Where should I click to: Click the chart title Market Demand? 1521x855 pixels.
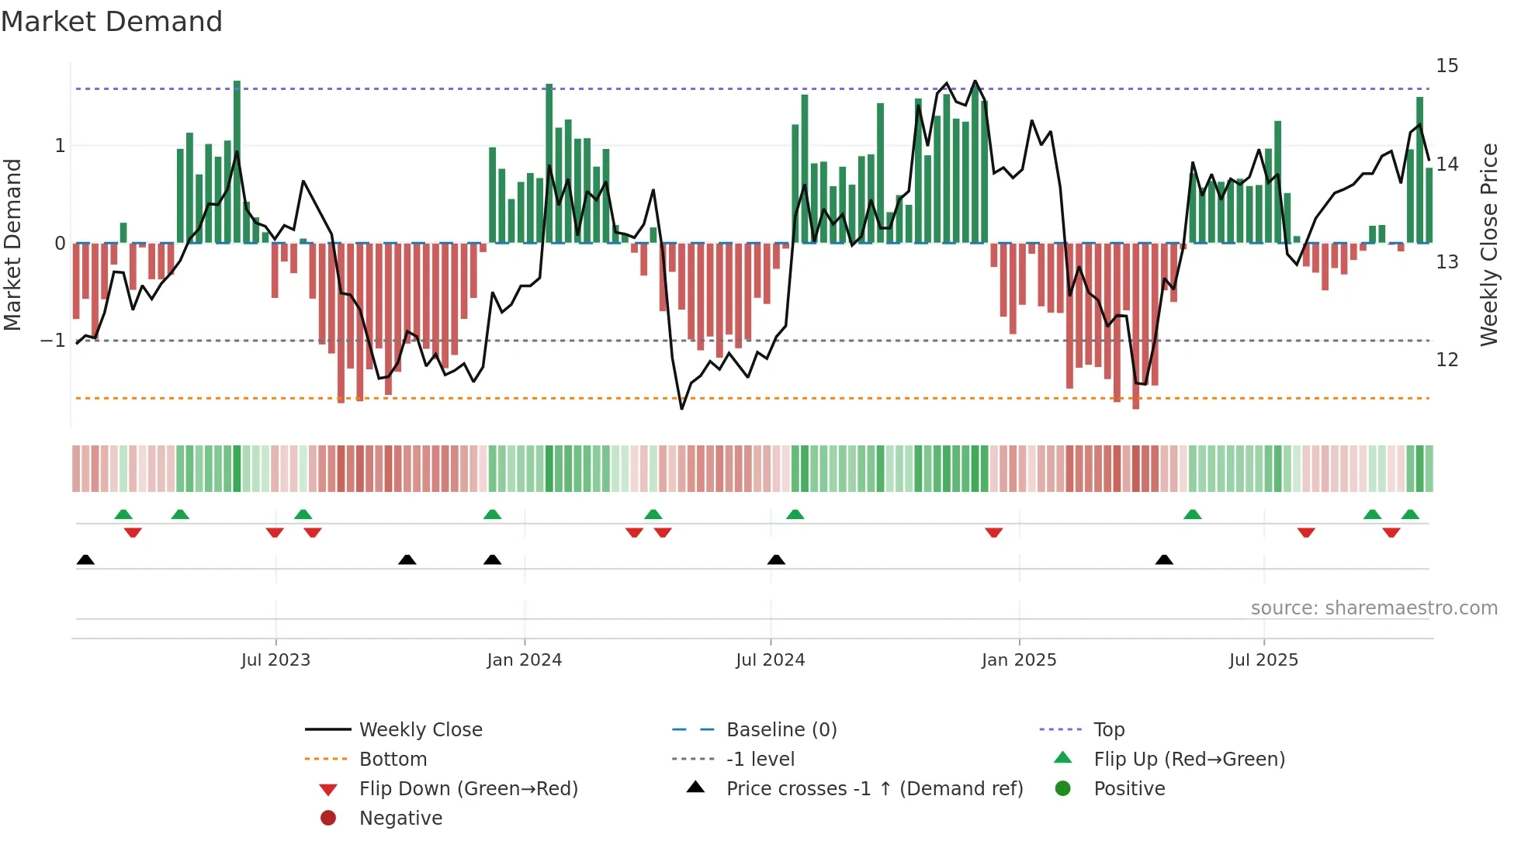[x=112, y=22]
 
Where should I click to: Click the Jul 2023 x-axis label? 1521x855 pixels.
[x=275, y=660]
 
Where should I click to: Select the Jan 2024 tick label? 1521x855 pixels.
[x=525, y=660]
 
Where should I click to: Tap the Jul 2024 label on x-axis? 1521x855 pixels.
[x=771, y=660]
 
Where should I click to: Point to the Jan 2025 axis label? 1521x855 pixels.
[x=1019, y=660]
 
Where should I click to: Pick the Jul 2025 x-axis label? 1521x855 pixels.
[x=1263, y=660]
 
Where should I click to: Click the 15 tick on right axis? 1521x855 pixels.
[x=1447, y=66]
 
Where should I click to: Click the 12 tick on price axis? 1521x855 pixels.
[x=1447, y=360]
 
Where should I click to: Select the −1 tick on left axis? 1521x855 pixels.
[x=53, y=341]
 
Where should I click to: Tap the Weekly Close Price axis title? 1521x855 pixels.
[x=1488, y=244]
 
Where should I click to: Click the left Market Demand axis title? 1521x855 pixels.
[x=12, y=244]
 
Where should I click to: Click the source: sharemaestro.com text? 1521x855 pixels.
[x=1374, y=608]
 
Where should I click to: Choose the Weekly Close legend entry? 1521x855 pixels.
[x=421, y=730]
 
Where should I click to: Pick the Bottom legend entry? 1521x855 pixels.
[x=393, y=760]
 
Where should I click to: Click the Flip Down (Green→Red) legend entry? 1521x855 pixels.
[x=468, y=789]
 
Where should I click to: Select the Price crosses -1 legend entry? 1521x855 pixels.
[x=875, y=789]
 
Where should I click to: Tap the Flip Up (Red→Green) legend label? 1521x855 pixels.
[x=1189, y=760]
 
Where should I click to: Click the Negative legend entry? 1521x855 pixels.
[x=400, y=819]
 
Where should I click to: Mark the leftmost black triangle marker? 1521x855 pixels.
[x=85, y=560]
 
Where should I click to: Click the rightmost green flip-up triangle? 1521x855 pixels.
[x=1410, y=514]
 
